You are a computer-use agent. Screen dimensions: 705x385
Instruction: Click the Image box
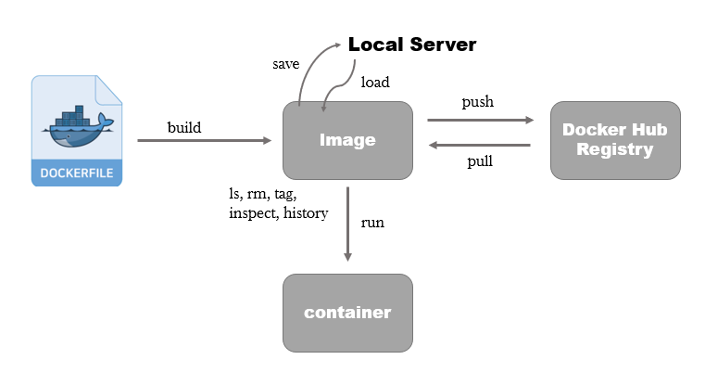tap(347, 140)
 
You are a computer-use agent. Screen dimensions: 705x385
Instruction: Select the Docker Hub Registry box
tap(615, 140)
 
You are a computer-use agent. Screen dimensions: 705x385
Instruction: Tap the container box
tap(347, 313)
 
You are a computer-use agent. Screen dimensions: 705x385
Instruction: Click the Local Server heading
tap(412, 45)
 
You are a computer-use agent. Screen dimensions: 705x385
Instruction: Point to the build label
tap(184, 127)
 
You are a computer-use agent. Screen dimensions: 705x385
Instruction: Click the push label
tap(477, 102)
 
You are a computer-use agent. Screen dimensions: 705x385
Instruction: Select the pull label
tap(480, 161)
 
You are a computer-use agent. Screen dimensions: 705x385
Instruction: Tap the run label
tap(372, 223)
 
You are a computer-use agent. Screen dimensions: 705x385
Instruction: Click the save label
tap(286, 64)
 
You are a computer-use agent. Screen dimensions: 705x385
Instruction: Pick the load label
tap(375, 82)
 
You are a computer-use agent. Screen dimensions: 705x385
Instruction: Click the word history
tap(306, 212)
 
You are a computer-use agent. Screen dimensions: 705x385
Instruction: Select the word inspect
tap(254, 213)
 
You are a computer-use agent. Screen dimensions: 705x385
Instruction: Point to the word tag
tap(285, 194)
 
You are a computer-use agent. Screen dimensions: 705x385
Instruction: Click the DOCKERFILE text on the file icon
tap(77, 173)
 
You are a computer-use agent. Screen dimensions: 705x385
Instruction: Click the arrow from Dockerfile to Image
tap(204, 140)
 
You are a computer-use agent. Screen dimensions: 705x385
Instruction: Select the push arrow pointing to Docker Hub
tap(480, 120)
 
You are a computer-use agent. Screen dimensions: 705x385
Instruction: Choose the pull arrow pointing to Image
tap(480, 145)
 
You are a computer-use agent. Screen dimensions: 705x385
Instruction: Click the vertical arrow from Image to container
tap(347, 225)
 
